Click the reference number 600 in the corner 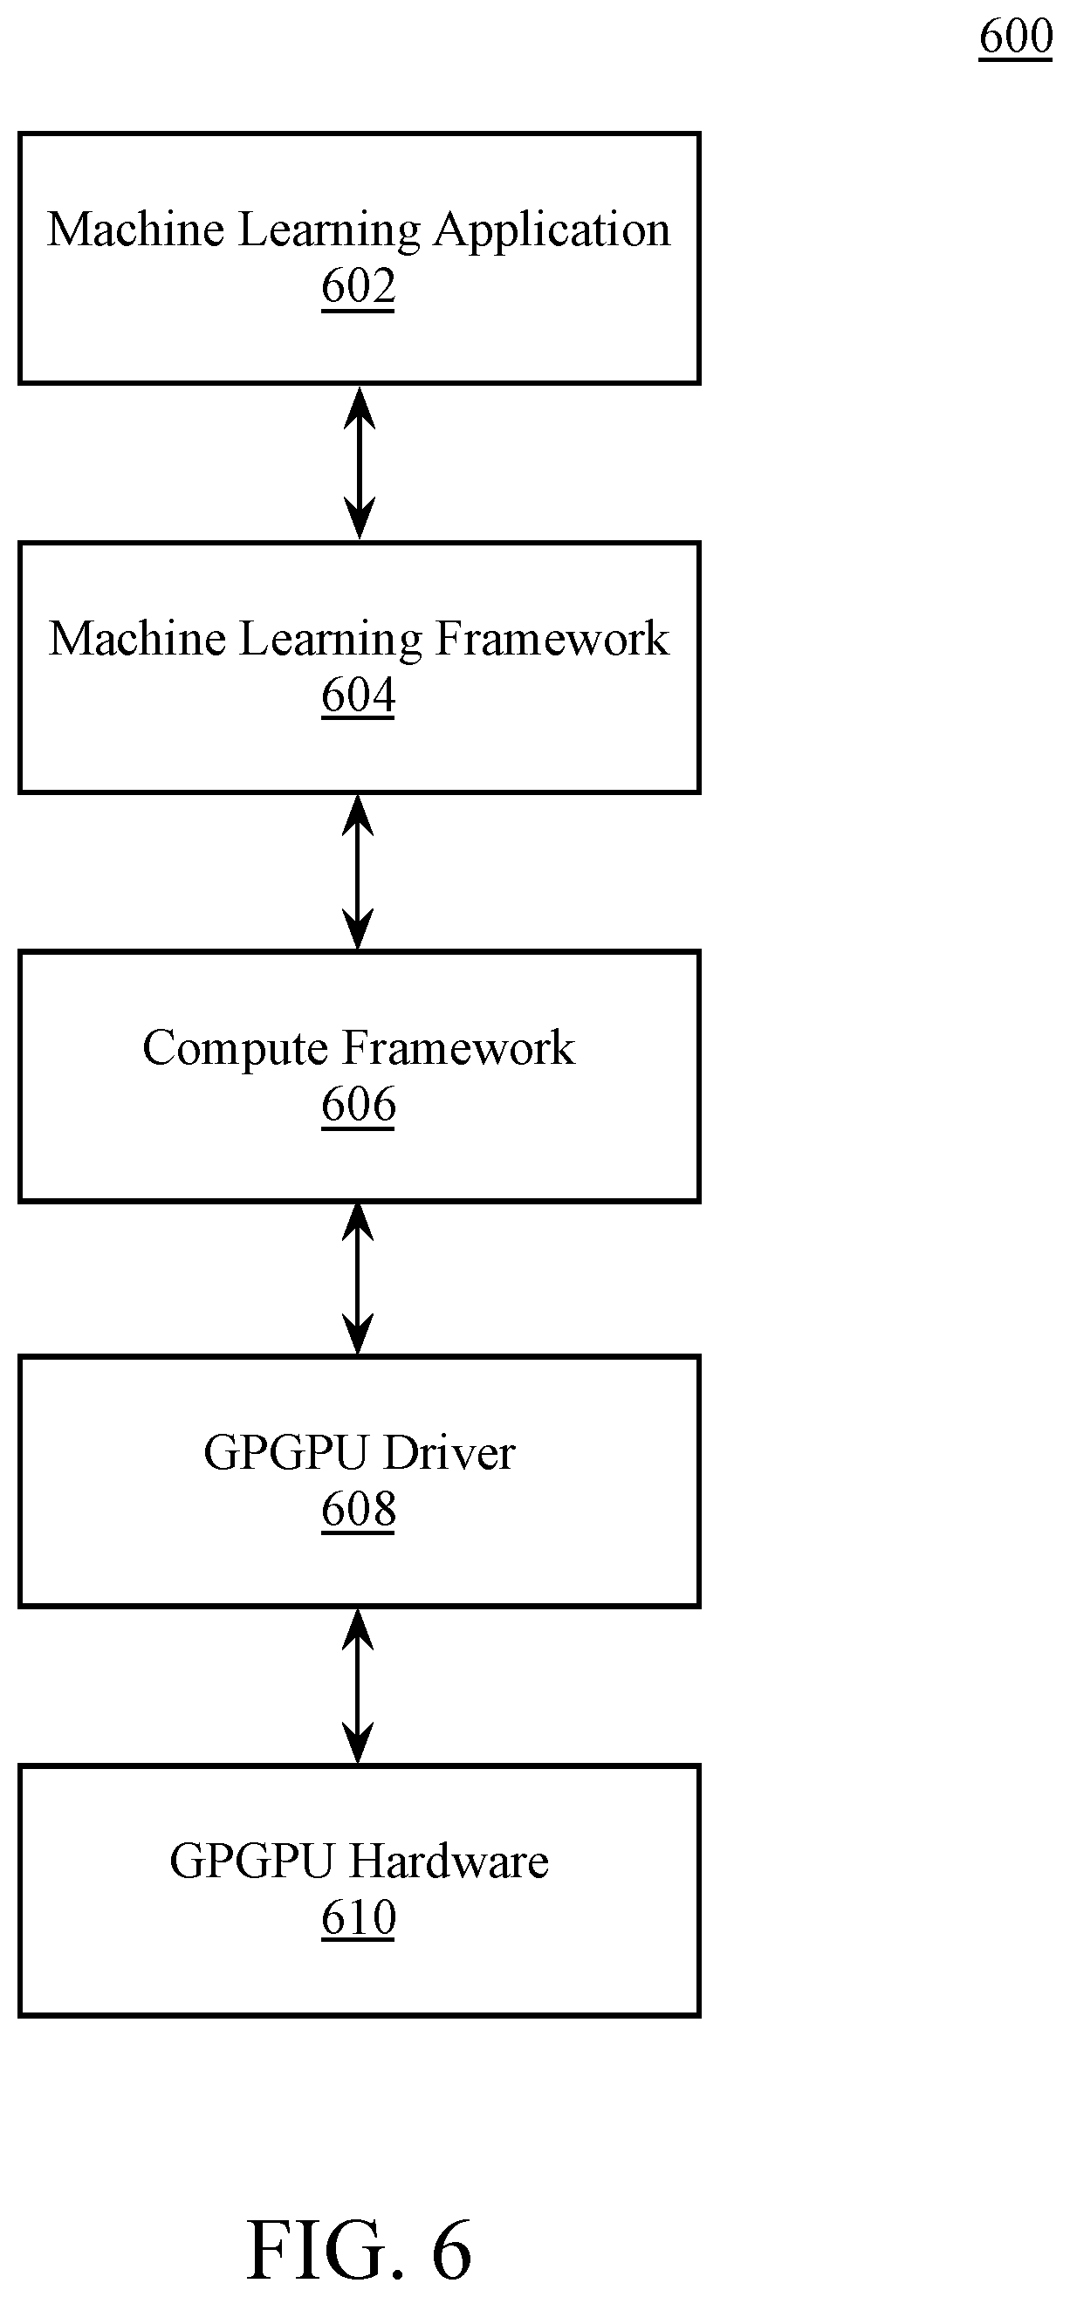(x=1016, y=37)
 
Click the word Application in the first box (x=552, y=231)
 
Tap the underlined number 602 (x=359, y=288)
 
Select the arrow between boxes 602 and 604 (x=360, y=463)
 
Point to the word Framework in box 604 (x=552, y=640)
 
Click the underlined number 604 (x=359, y=696)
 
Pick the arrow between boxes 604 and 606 (x=358, y=872)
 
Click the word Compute (x=236, y=1049)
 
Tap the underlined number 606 (x=359, y=1106)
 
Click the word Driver (x=450, y=1453)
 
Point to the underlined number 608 (x=359, y=1511)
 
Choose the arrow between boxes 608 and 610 (x=358, y=1686)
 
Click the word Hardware (x=449, y=1862)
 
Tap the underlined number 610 (x=359, y=1919)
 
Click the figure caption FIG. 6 (x=359, y=2249)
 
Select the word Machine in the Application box (x=136, y=230)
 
